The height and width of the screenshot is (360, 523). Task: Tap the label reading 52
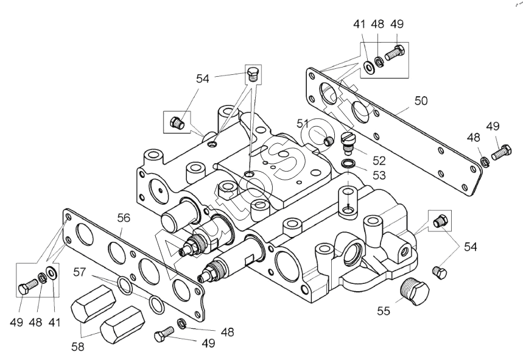[379, 161]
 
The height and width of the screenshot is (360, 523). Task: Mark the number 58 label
[78, 347]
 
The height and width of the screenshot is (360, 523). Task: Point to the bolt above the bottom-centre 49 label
[162, 333]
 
